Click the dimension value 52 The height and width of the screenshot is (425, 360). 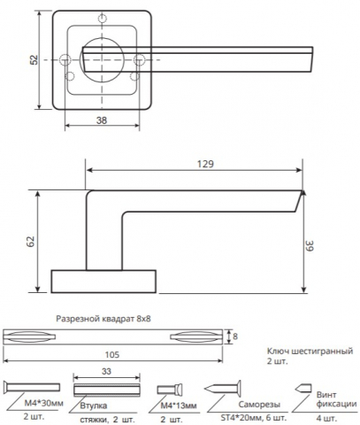click(x=34, y=60)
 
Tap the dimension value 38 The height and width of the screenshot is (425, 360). click(x=102, y=120)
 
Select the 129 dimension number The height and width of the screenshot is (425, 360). click(x=205, y=164)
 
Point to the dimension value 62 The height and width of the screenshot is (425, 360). click(x=31, y=242)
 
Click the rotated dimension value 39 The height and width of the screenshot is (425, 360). click(x=310, y=246)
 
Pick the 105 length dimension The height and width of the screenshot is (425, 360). click(x=112, y=354)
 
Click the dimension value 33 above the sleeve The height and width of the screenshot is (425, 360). click(x=106, y=371)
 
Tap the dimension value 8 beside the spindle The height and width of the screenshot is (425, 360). click(x=235, y=336)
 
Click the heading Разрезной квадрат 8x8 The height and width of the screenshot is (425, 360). click(x=103, y=319)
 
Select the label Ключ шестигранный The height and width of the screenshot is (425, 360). click(x=310, y=352)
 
